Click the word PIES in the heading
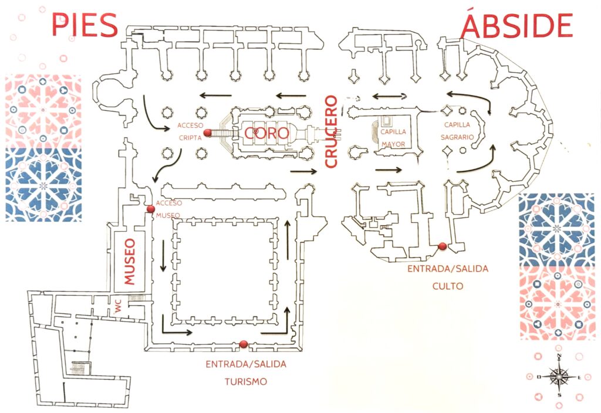(85, 25)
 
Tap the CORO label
(267, 133)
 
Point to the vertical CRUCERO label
(331, 131)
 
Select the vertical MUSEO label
(130, 261)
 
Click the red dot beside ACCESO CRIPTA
(207, 133)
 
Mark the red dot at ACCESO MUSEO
(150, 208)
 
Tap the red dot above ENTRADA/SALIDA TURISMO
(244, 344)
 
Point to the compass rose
(559, 377)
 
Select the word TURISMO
(246, 381)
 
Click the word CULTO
(448, 286)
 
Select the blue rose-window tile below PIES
(43, 184)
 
